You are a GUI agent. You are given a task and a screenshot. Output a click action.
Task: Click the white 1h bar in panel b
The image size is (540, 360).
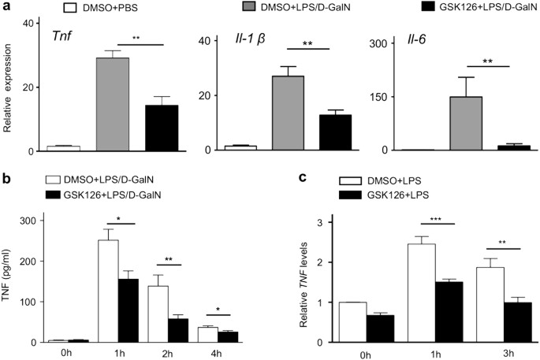pyautogui.click(x=108, y=291)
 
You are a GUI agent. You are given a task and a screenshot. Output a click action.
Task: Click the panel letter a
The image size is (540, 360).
pyautogui.click(x=6, y=7)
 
